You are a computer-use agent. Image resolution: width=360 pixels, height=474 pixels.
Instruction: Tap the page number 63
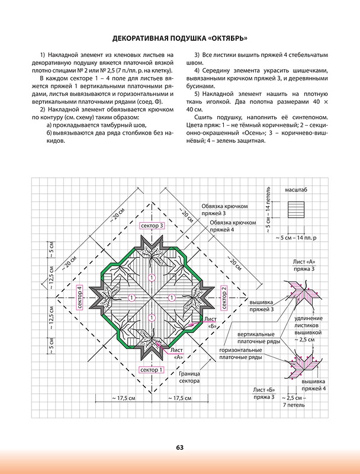(x=179, y=447)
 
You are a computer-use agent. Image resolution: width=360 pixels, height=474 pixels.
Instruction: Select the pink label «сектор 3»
(x=152, y=226)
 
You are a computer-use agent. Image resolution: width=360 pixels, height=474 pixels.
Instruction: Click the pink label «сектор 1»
(x=152, y=370)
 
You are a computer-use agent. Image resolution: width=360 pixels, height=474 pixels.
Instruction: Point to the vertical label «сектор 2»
(x=224, y=297)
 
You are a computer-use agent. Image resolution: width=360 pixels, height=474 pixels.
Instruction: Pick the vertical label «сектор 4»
(x=80, y=297)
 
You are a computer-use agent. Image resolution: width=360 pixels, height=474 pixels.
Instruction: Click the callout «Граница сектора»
(x=189, y=377)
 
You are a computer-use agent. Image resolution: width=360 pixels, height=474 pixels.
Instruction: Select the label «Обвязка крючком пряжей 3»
(x=224, y=209)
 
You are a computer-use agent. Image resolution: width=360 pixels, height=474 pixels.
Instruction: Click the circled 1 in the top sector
(x=152, y=277)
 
